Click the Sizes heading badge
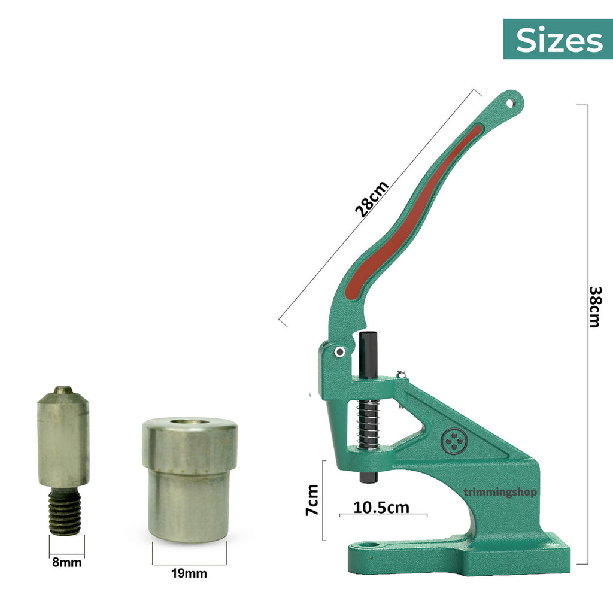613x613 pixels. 558,39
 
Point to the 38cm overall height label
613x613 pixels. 594,306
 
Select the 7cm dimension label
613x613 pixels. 312,500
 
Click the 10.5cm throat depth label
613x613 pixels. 381,507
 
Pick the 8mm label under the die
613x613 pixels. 66,562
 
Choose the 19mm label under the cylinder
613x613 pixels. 189,573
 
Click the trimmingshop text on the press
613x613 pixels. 500,493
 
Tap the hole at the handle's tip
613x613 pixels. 510,103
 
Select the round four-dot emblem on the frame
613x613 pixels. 453,442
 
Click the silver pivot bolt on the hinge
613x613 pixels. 340,352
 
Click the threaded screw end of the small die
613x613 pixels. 65,511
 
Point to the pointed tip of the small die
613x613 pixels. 63,390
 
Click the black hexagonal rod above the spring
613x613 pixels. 368,356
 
